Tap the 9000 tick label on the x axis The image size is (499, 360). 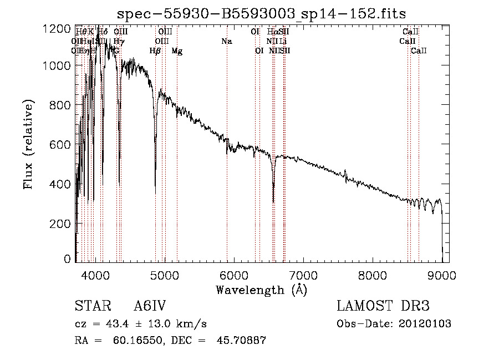click(x=441, y=275)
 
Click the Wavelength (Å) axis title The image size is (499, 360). click(x=261, y=290)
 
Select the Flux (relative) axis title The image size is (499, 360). click(x=28, y=144)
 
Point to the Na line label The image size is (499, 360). click(x=226, y=42)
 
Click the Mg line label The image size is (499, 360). click(x=177, y=51)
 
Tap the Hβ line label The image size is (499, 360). click(x=155, y=51)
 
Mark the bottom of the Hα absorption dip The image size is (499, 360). click(x=273, y=201)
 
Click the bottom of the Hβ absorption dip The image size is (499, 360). click(x=155, y=192)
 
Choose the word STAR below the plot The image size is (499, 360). click(x=90, y=306)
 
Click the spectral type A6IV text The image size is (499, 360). click(x=150, y=306)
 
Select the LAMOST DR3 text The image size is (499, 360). click(x=383, y=306)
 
